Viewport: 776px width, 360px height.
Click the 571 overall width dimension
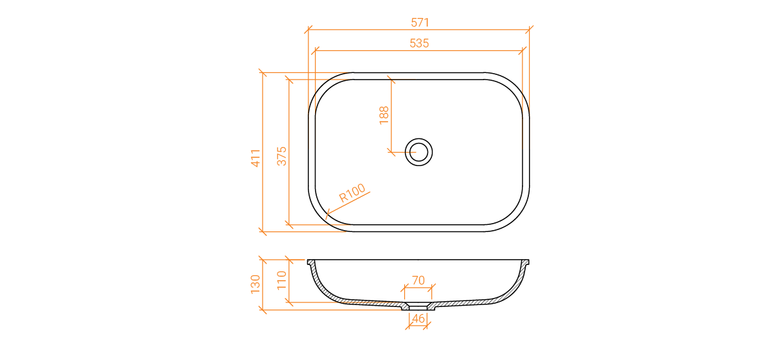click(x=420, y=23)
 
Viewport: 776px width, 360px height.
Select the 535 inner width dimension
click(x=419, y=43)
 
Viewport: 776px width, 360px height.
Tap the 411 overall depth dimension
click(x=255, y=158)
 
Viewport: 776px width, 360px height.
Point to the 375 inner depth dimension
click(x=282, y=156)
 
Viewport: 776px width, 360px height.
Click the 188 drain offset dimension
click(x=384, y=115)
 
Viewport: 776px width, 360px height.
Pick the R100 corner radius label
click(x=352, y=193)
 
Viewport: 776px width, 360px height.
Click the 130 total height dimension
click(x=255, y=284)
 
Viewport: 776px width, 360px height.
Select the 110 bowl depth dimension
click(x=282, y=280)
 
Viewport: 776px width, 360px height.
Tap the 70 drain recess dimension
click(x=418, y=280)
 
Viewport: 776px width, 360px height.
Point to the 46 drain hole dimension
click(x=418, y=319)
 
